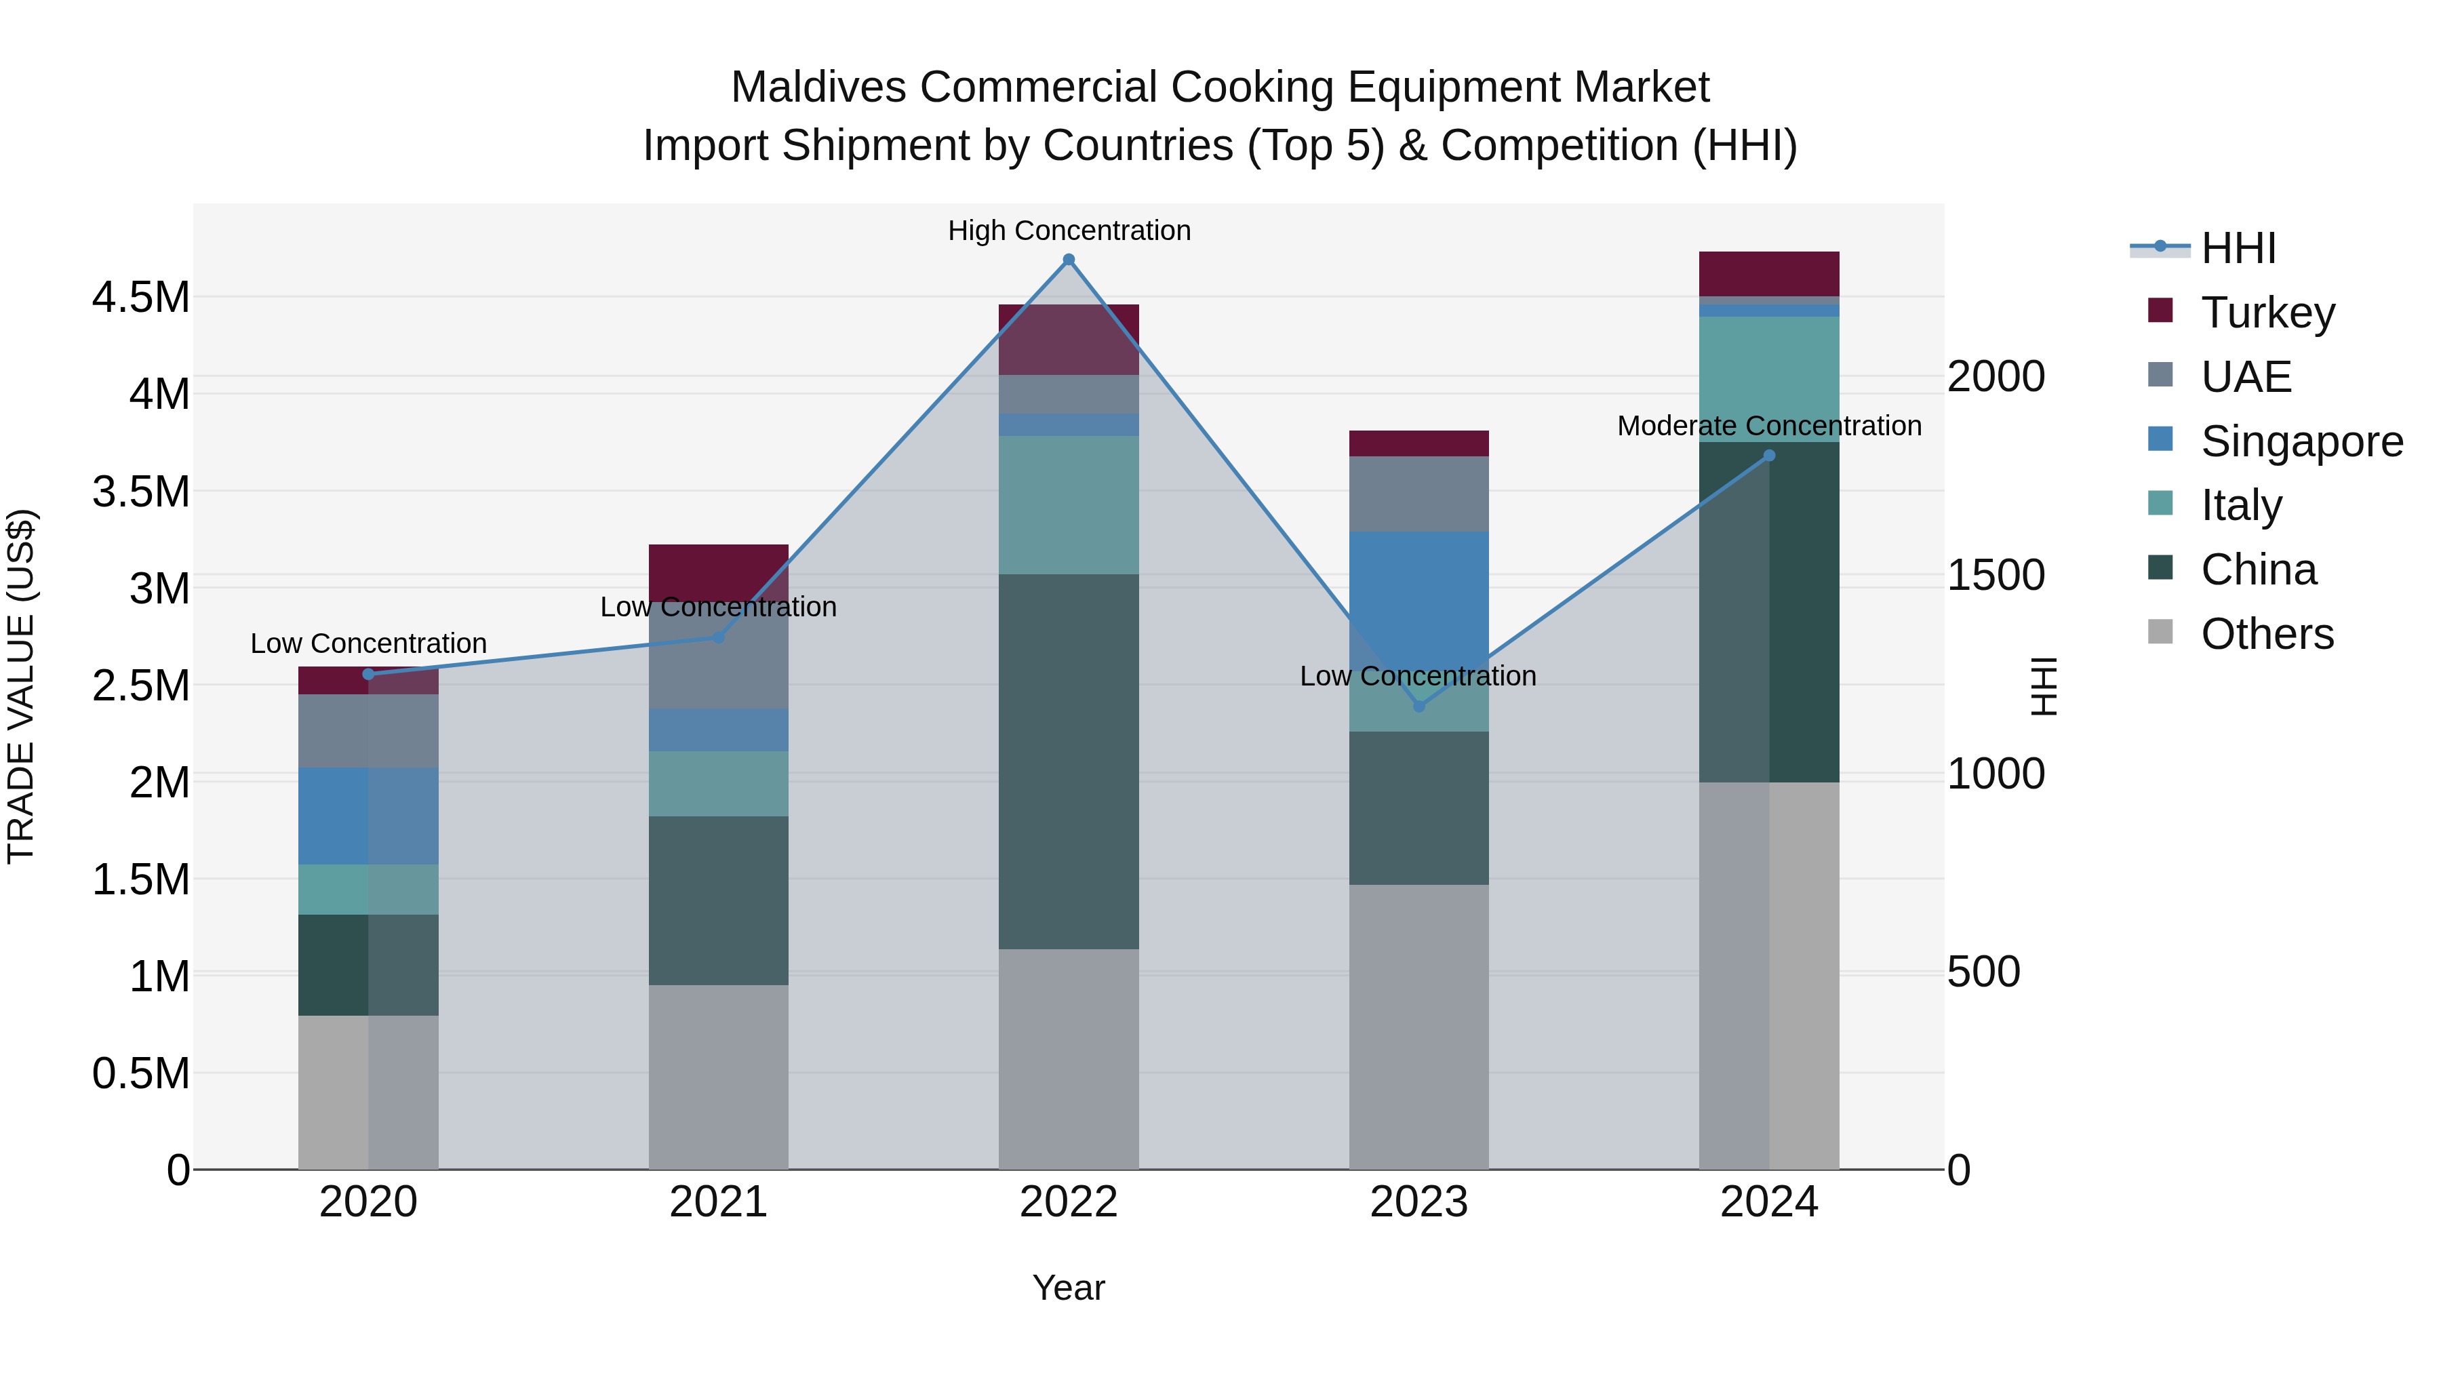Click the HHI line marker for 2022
[x=1068, y=260]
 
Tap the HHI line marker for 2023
[x=1418, y=706]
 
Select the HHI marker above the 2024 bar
[x=1768, y=456]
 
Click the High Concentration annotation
[x=1069, y=231]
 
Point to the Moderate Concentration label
[x=1768, y=426]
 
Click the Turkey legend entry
[x=2267, y=312]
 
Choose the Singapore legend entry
[x=2301, y=441]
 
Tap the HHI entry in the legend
[x=2238, y=248]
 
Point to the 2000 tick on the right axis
[x=1996, y=376]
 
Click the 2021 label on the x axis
[x=718, y=1201]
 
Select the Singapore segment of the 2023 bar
[x=1418, y=597]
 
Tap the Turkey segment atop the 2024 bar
[x=1768, y=274]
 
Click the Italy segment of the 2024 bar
[x=1768, y=379]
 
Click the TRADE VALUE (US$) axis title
[x=22, y=686]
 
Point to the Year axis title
[x=1068, y=1288]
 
